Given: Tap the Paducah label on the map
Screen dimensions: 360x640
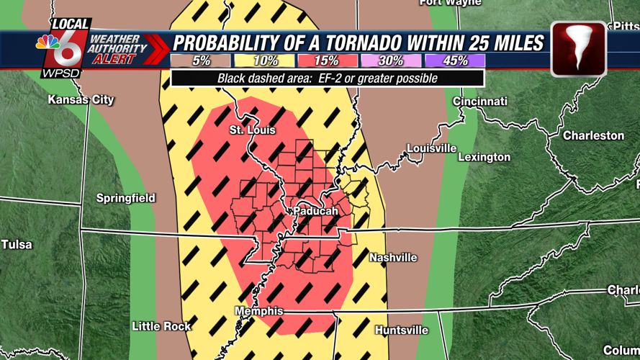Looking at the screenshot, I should [x=315, y=212].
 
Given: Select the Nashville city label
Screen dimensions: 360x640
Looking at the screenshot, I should [x=393, y=258].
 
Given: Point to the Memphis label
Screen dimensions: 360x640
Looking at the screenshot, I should [x=259, y=311].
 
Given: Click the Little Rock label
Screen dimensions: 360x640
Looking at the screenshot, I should [x=161, y=326].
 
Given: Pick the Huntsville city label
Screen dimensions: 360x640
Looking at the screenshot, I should [x=402, y=330].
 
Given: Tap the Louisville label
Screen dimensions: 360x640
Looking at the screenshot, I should [x=432, y=148].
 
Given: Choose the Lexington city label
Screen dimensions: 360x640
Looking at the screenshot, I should [x=484, y=157].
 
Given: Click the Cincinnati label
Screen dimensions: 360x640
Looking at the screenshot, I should [x=480, y=102].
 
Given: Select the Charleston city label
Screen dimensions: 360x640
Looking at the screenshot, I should [x=593, y=135].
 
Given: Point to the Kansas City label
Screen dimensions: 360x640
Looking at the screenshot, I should [x=81, y=100].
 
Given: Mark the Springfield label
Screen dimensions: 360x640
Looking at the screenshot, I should [x=126, y=198].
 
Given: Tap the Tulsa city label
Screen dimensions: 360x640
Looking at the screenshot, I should [x=17, y=245].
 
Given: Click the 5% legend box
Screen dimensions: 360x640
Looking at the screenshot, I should [x=201, y=61].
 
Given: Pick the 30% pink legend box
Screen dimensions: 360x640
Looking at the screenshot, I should [x=391, y=61].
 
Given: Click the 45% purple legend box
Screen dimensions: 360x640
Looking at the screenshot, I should [x=454, y=61].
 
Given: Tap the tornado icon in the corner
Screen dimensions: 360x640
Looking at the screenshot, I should [x=578, y=49].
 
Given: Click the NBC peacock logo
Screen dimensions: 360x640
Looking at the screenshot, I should [x=48, y=41].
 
